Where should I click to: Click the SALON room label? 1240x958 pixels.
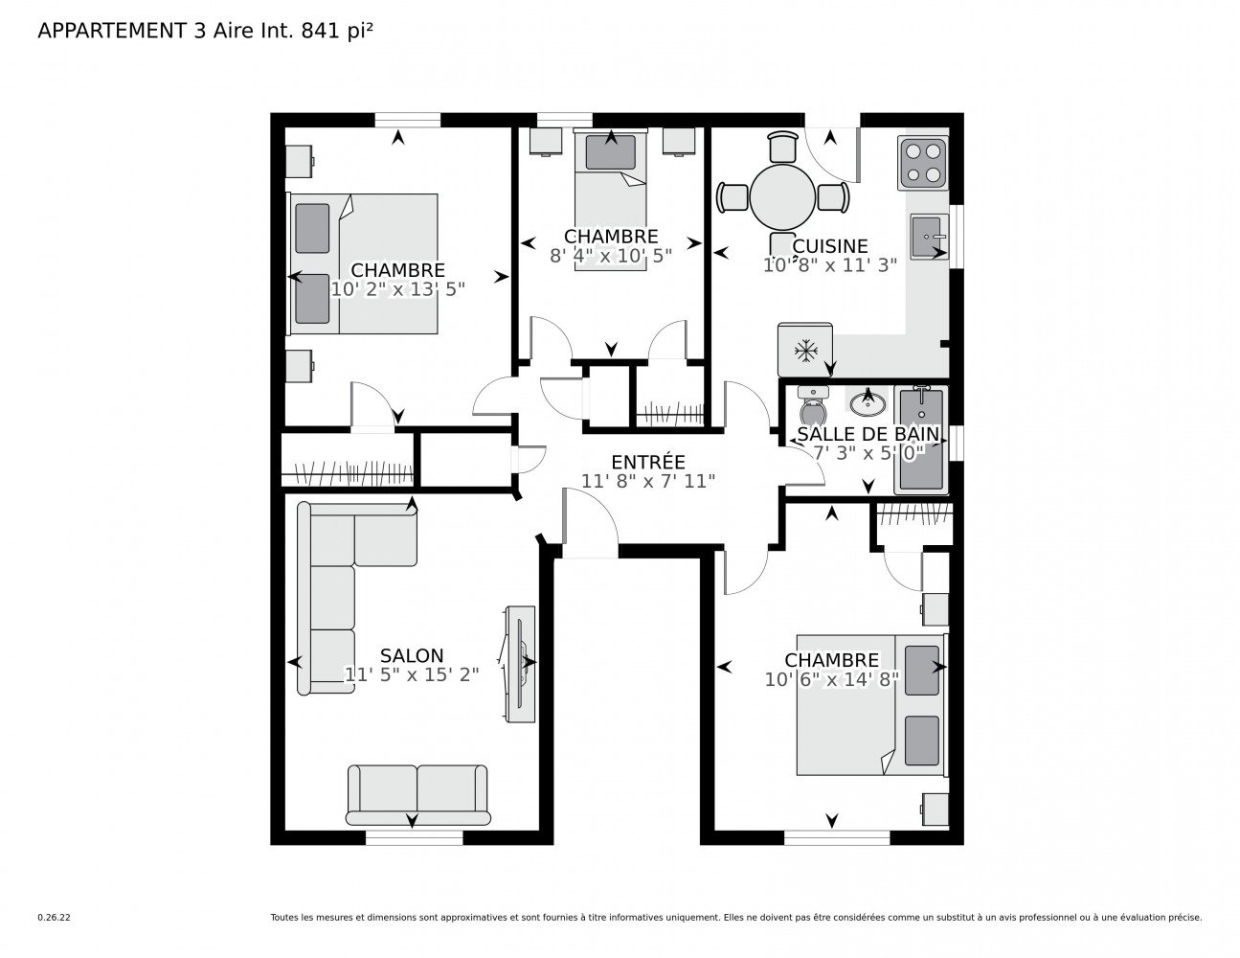[x=411, y=655]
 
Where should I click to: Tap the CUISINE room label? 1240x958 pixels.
[x=830, y=246]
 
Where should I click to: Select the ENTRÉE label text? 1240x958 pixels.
[x=647, y=462]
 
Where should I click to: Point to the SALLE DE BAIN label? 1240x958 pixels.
[x=868, y=434]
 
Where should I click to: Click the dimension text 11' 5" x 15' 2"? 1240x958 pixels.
[x=411, y=674]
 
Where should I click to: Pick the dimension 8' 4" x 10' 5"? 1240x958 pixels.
[x=611, y=256]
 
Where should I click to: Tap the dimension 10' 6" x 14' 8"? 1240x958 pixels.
[x=831, y=679]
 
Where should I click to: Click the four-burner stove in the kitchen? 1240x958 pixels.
[x=922, y=163]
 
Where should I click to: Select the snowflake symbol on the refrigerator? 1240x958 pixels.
[x=805, y=351]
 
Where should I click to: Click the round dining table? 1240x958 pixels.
[x=782, y=197]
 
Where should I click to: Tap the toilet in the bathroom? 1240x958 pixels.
[x=813, y=405]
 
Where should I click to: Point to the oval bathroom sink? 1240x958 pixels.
[x=868, y=404]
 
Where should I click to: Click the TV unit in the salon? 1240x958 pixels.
[x=519, y=664]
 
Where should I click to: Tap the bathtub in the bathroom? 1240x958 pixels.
[x=920, y=440]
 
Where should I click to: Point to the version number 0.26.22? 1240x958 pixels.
[x=55, y=918]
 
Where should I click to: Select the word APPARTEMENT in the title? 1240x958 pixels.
[x=112, y=31]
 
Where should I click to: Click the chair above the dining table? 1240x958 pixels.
[x=781, y=147]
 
